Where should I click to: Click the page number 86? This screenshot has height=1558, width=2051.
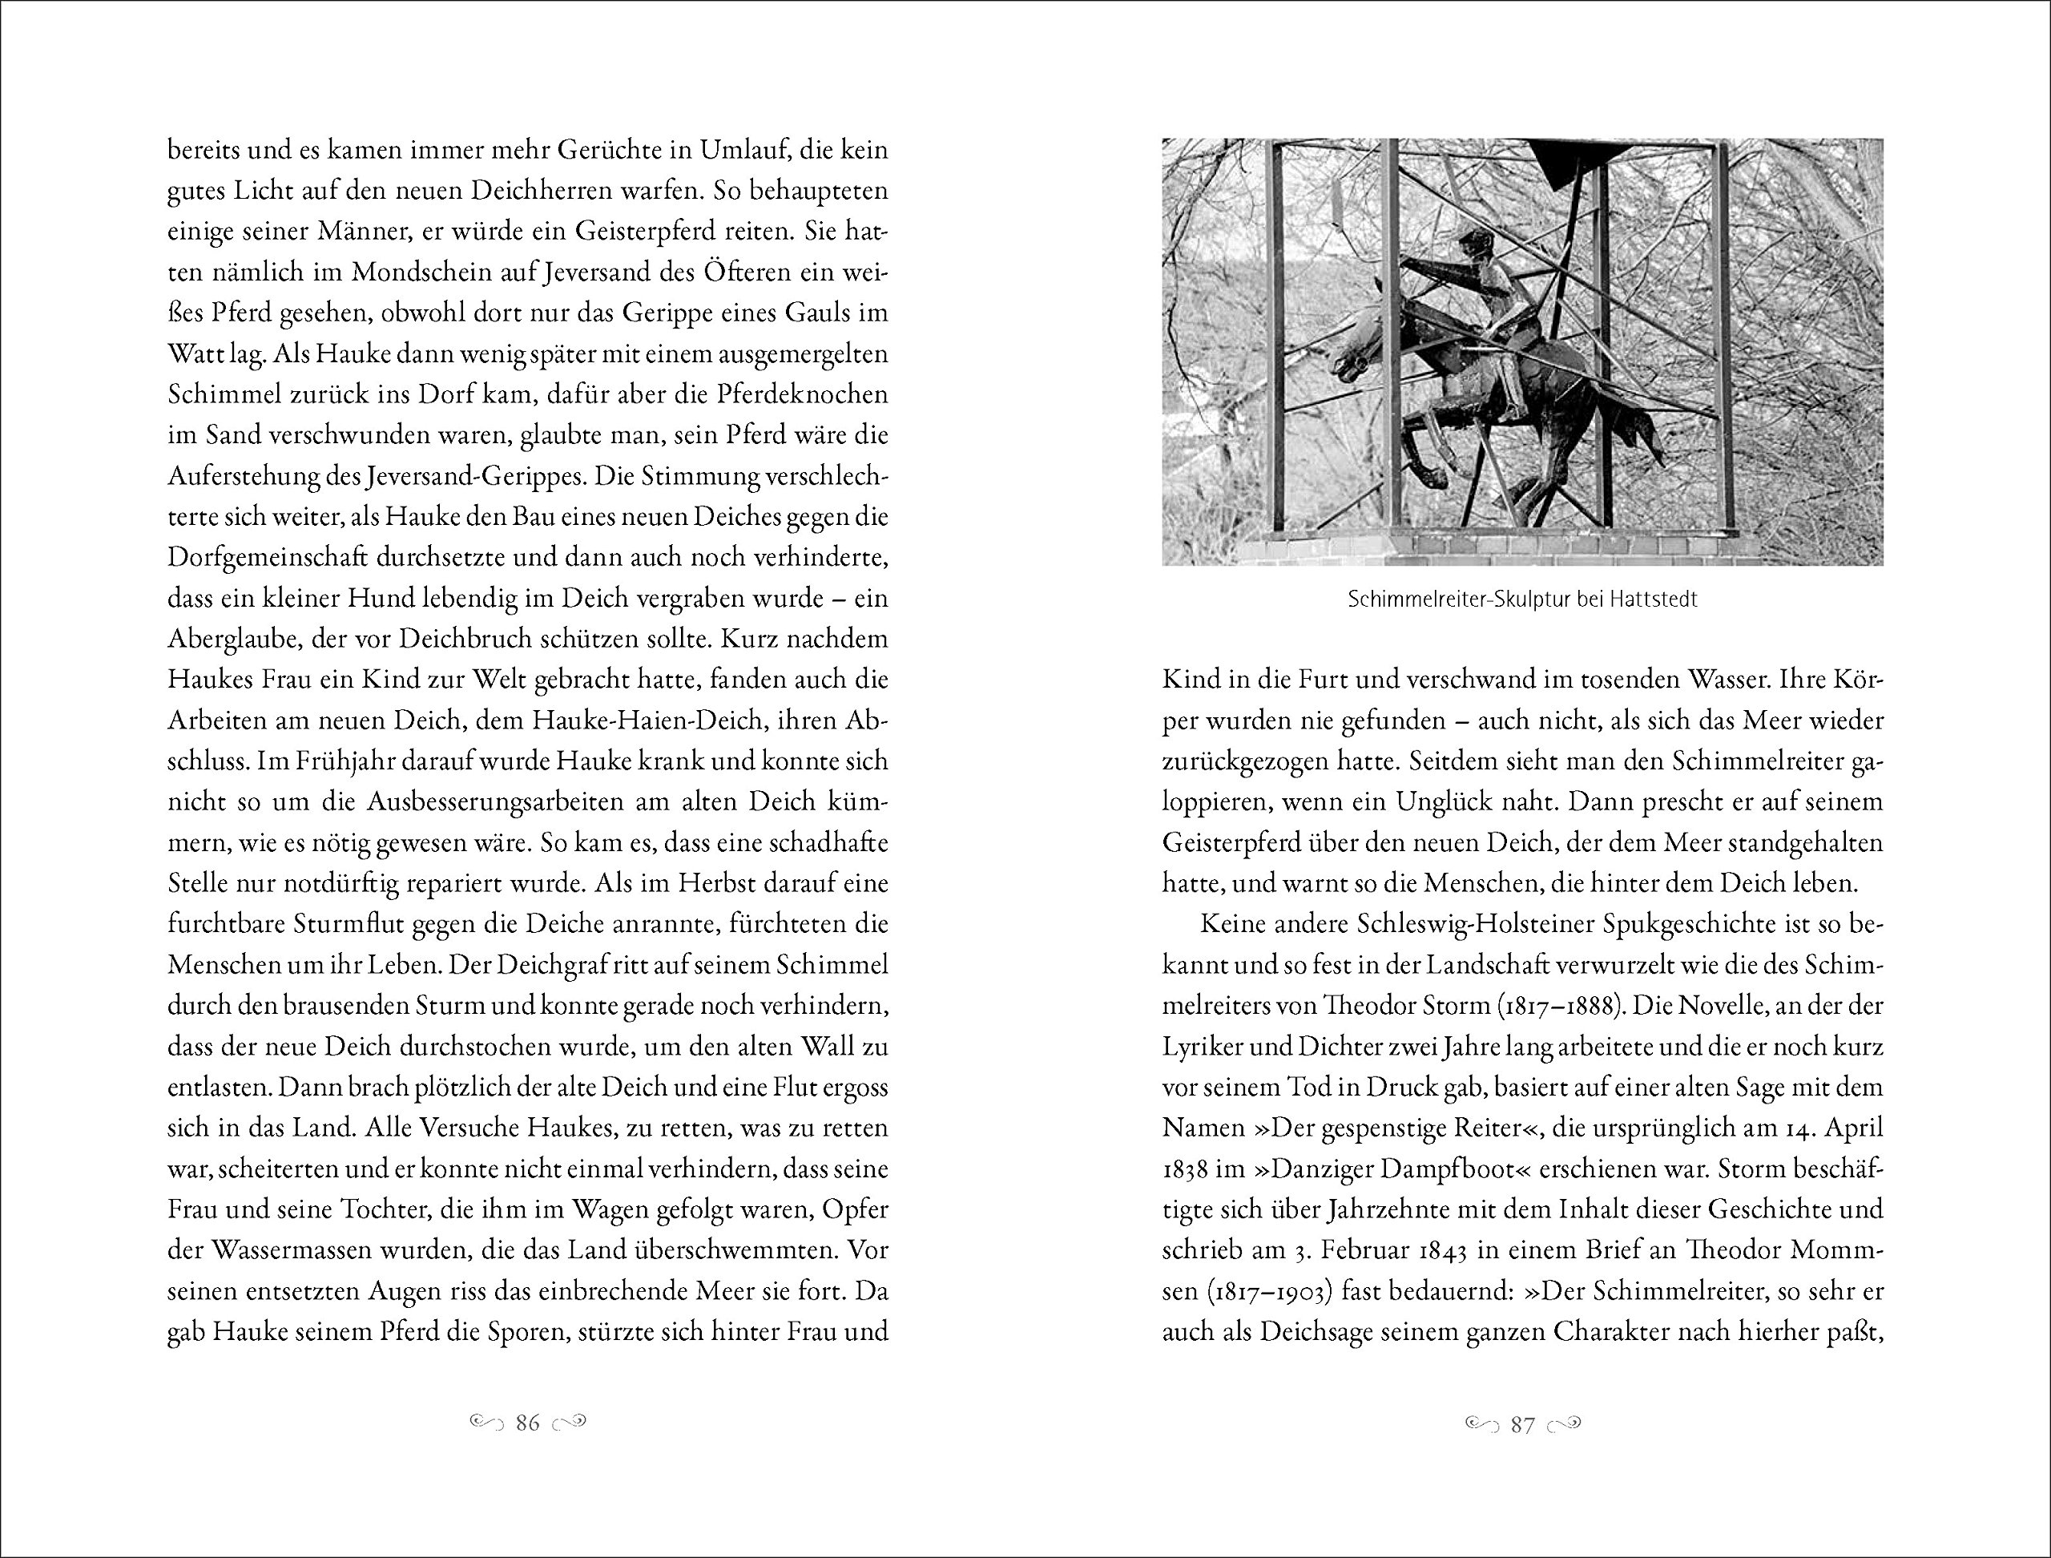528,1423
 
